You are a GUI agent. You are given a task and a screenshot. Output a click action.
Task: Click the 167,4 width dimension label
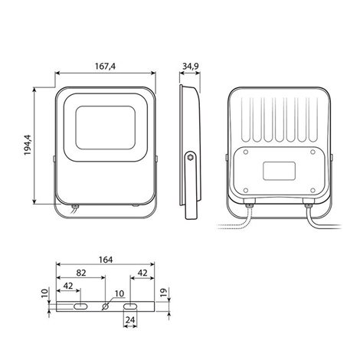click(x=105, y=67)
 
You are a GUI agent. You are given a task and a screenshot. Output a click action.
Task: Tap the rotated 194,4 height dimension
click(x=28, y=145)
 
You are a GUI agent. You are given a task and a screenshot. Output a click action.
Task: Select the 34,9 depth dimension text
click(x=191, y=67)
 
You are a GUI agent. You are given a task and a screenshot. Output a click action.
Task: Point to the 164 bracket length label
click(x=106, y=260)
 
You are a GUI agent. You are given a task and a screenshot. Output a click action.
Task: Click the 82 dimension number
click(x=81, y=273)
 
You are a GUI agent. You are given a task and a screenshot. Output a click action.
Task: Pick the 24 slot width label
click(x=130, y=319)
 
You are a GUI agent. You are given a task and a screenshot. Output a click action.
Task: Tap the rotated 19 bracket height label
click(x=163, y=292)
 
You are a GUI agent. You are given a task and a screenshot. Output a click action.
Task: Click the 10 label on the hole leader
click(x=119, y=294)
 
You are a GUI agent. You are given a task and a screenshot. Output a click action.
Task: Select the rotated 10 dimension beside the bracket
click(x=44, y=293)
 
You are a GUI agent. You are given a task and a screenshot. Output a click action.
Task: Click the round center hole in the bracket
click(x=105, y=306)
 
